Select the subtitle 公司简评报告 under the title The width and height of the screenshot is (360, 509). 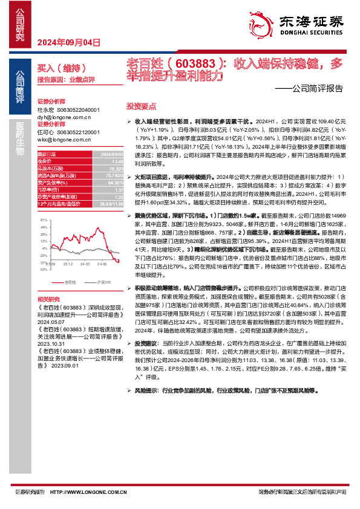[x=314, y=88]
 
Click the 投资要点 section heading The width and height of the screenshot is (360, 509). [x=139, y=105]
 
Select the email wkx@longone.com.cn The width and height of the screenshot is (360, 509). [x=64, y=138]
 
